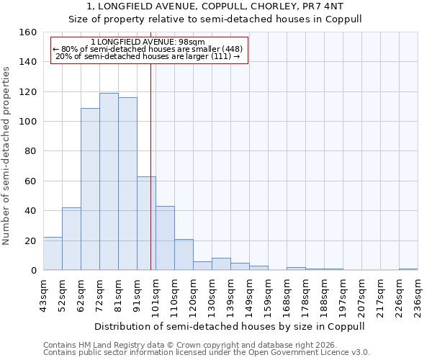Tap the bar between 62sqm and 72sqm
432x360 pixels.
tap(90, 189)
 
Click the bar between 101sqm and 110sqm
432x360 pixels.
tap(165, 238)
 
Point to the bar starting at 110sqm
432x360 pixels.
tap(184, 255)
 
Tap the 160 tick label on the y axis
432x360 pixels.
tap(28, 32)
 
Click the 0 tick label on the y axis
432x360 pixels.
tap(34, 271)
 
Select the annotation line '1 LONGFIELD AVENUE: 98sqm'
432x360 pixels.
tap(148, 42)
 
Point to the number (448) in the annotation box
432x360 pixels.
tap(230, 49)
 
